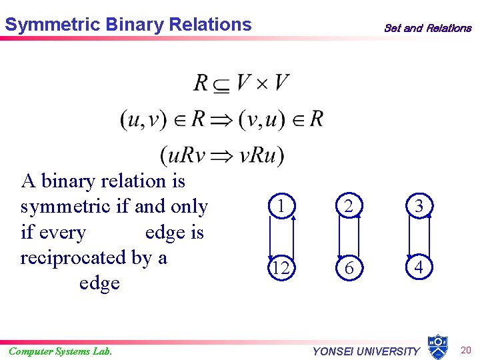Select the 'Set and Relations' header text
[x=427, y=28]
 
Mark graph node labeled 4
[x=418, y=267]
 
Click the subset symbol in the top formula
[x=222, y=84]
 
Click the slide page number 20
[x=465, y=350]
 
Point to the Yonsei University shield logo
[x=437, y=346]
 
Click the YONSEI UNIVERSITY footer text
[x=366, y=351]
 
